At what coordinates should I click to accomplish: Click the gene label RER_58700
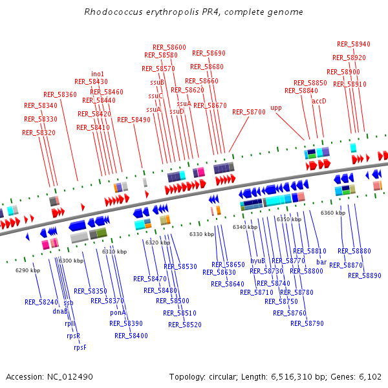[x=249, y=112]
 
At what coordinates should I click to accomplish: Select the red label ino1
[x=98, y=74]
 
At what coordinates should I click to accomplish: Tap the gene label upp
[x=276, y=108]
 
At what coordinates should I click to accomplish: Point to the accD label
[x=319, y=101]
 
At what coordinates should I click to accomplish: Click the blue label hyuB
[x=258, y=261]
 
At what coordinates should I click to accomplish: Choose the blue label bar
[x=321, y=262]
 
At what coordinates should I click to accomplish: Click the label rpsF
[x=80, y=347]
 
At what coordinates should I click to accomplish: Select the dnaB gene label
[x=60, y=311]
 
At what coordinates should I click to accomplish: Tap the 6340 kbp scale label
[x=245, y=227]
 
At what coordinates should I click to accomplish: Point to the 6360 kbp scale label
[x=333, y=213]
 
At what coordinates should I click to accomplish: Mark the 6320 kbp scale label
[x=158, y=242]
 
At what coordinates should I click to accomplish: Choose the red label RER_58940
[x=354, y=44]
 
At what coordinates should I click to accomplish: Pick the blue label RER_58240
[x=41, y=302]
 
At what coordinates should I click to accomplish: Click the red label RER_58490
[x=134, y=120]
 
